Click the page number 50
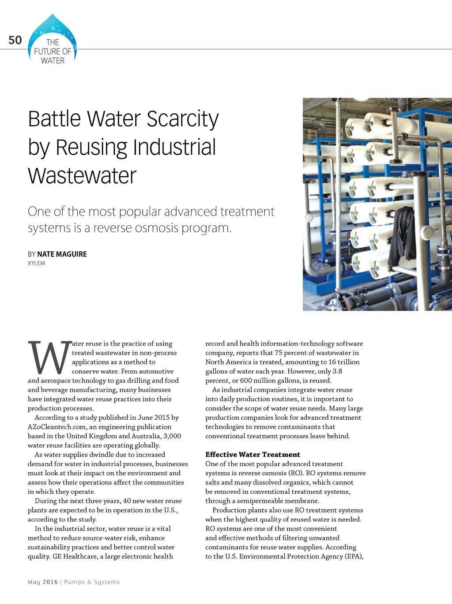tap(15, 40)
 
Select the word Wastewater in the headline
tap(82, 176)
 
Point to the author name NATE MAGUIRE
tap(62, 254)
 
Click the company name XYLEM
tap(36, 263)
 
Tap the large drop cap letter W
tap(49, 357)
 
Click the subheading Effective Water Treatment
tap(252, 455)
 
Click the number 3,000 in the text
tap(172, 436)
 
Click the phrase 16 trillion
tap(344, 362)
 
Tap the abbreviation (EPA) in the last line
tap(352, 556)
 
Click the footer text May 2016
tap(42, 582)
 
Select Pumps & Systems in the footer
tap(92, 582)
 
